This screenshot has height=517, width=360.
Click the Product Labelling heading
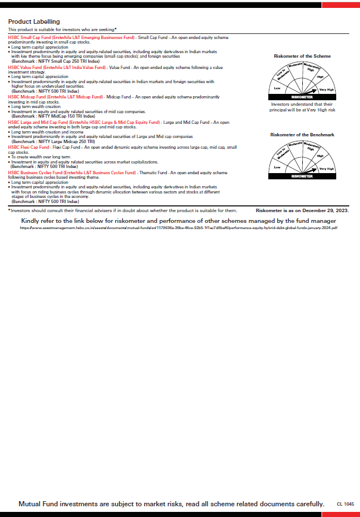pos(33,21)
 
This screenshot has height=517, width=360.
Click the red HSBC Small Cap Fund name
pos(71,37)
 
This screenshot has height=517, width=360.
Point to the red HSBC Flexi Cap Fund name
pos(29,147)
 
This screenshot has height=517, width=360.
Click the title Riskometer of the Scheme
pos(302,57)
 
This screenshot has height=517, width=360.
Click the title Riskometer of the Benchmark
pos(302,135)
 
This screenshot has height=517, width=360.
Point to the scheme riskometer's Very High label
pos(327,90)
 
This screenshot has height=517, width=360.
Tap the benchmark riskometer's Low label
pos(277,167)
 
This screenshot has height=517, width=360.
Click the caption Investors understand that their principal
pos(302,107)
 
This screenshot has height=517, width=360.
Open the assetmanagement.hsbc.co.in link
pos(178,228)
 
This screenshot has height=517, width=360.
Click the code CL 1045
pos(345,503)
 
